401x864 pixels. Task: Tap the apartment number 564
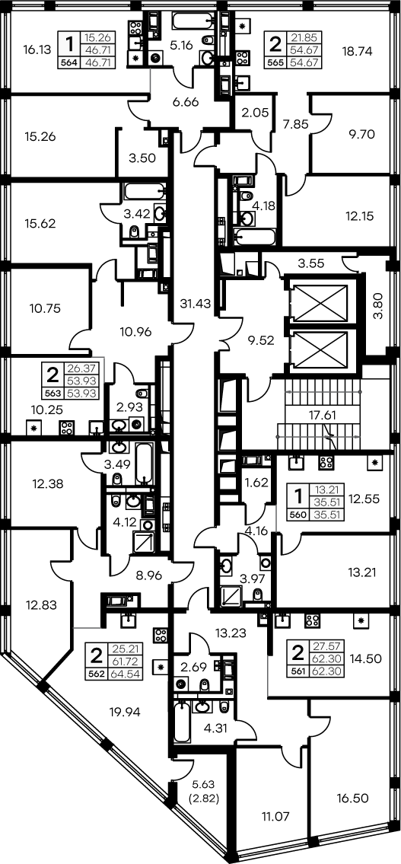click(x=68, y=62)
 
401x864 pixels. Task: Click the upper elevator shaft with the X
click(x=320, y=304)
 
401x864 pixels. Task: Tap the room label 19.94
click(x=125, y=713)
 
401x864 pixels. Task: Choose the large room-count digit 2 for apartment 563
click(x=53, y=375)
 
